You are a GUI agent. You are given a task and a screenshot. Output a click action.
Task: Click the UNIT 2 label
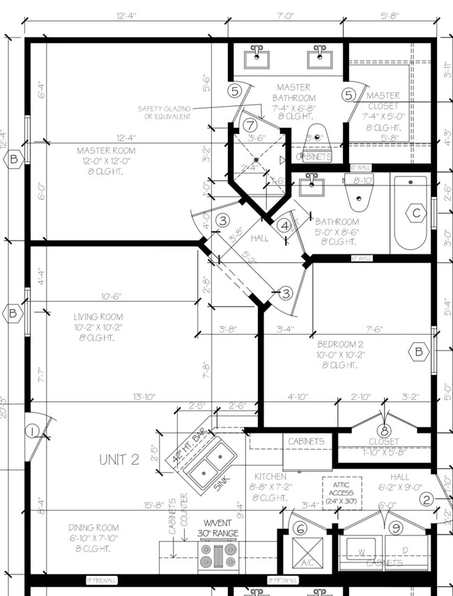tap(119, 459)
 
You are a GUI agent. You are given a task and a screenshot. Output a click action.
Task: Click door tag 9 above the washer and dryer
tap(396, 528)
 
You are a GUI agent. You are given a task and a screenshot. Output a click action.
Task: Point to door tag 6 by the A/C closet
tap(300, 528)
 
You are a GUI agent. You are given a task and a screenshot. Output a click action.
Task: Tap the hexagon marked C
tap(416, 213)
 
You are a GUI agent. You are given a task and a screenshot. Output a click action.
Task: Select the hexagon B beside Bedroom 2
tap(418, 352)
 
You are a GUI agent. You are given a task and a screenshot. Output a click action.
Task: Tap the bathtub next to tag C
tap(410, 215)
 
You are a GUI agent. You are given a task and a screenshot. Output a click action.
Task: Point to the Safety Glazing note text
tap(164, 112)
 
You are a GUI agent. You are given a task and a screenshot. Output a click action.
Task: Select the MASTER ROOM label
tap(106, 151)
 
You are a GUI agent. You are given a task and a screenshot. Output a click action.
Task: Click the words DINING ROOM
tap(93, 528)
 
